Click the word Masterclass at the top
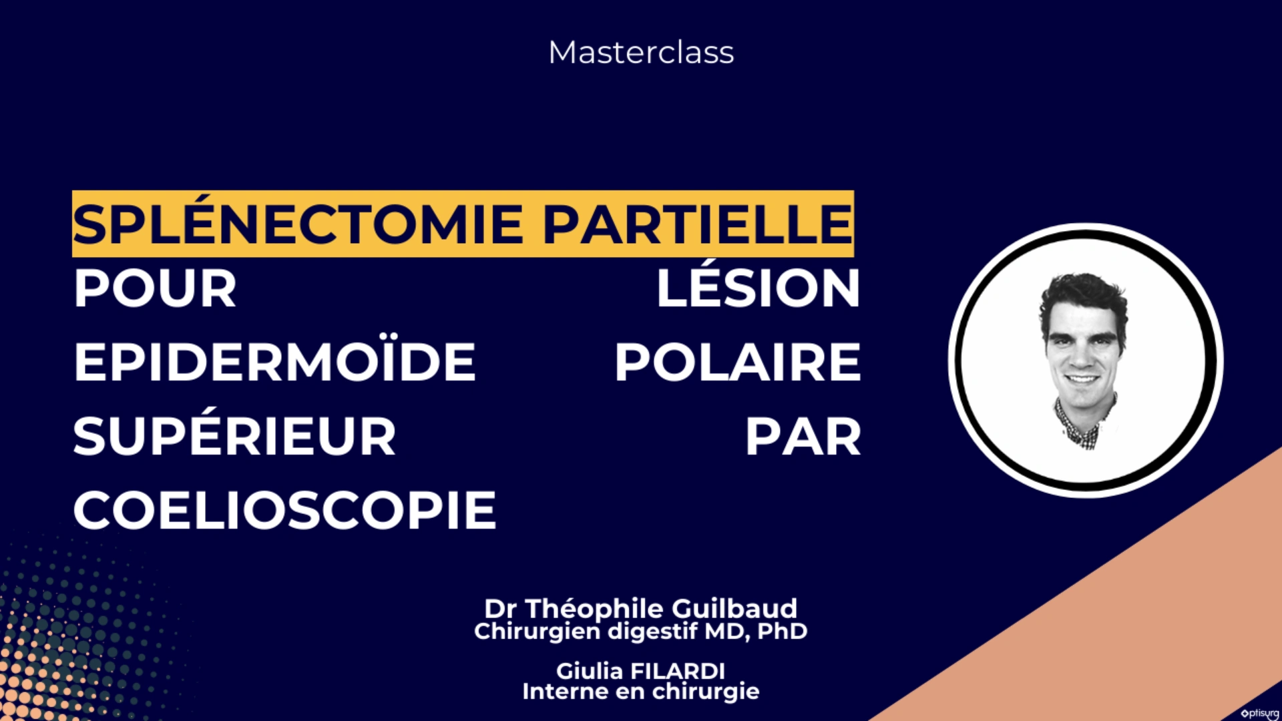tap(641, 52)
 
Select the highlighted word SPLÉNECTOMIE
tap(298, 224)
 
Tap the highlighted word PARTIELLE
tap(697, 224)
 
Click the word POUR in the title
tap(155, 288)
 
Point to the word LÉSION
tap(758, 288)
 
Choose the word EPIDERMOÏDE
tap(274, 362)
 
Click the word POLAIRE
tap(738, 362)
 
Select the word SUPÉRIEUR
tap(234, 437)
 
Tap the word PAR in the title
tap(803, 437)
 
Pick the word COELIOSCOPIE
tap(284, 511)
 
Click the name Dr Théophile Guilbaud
tap(641, 608)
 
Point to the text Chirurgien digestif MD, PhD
tap(641, 631)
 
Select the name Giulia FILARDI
tap(641, 670)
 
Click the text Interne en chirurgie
tap(641, 692)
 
